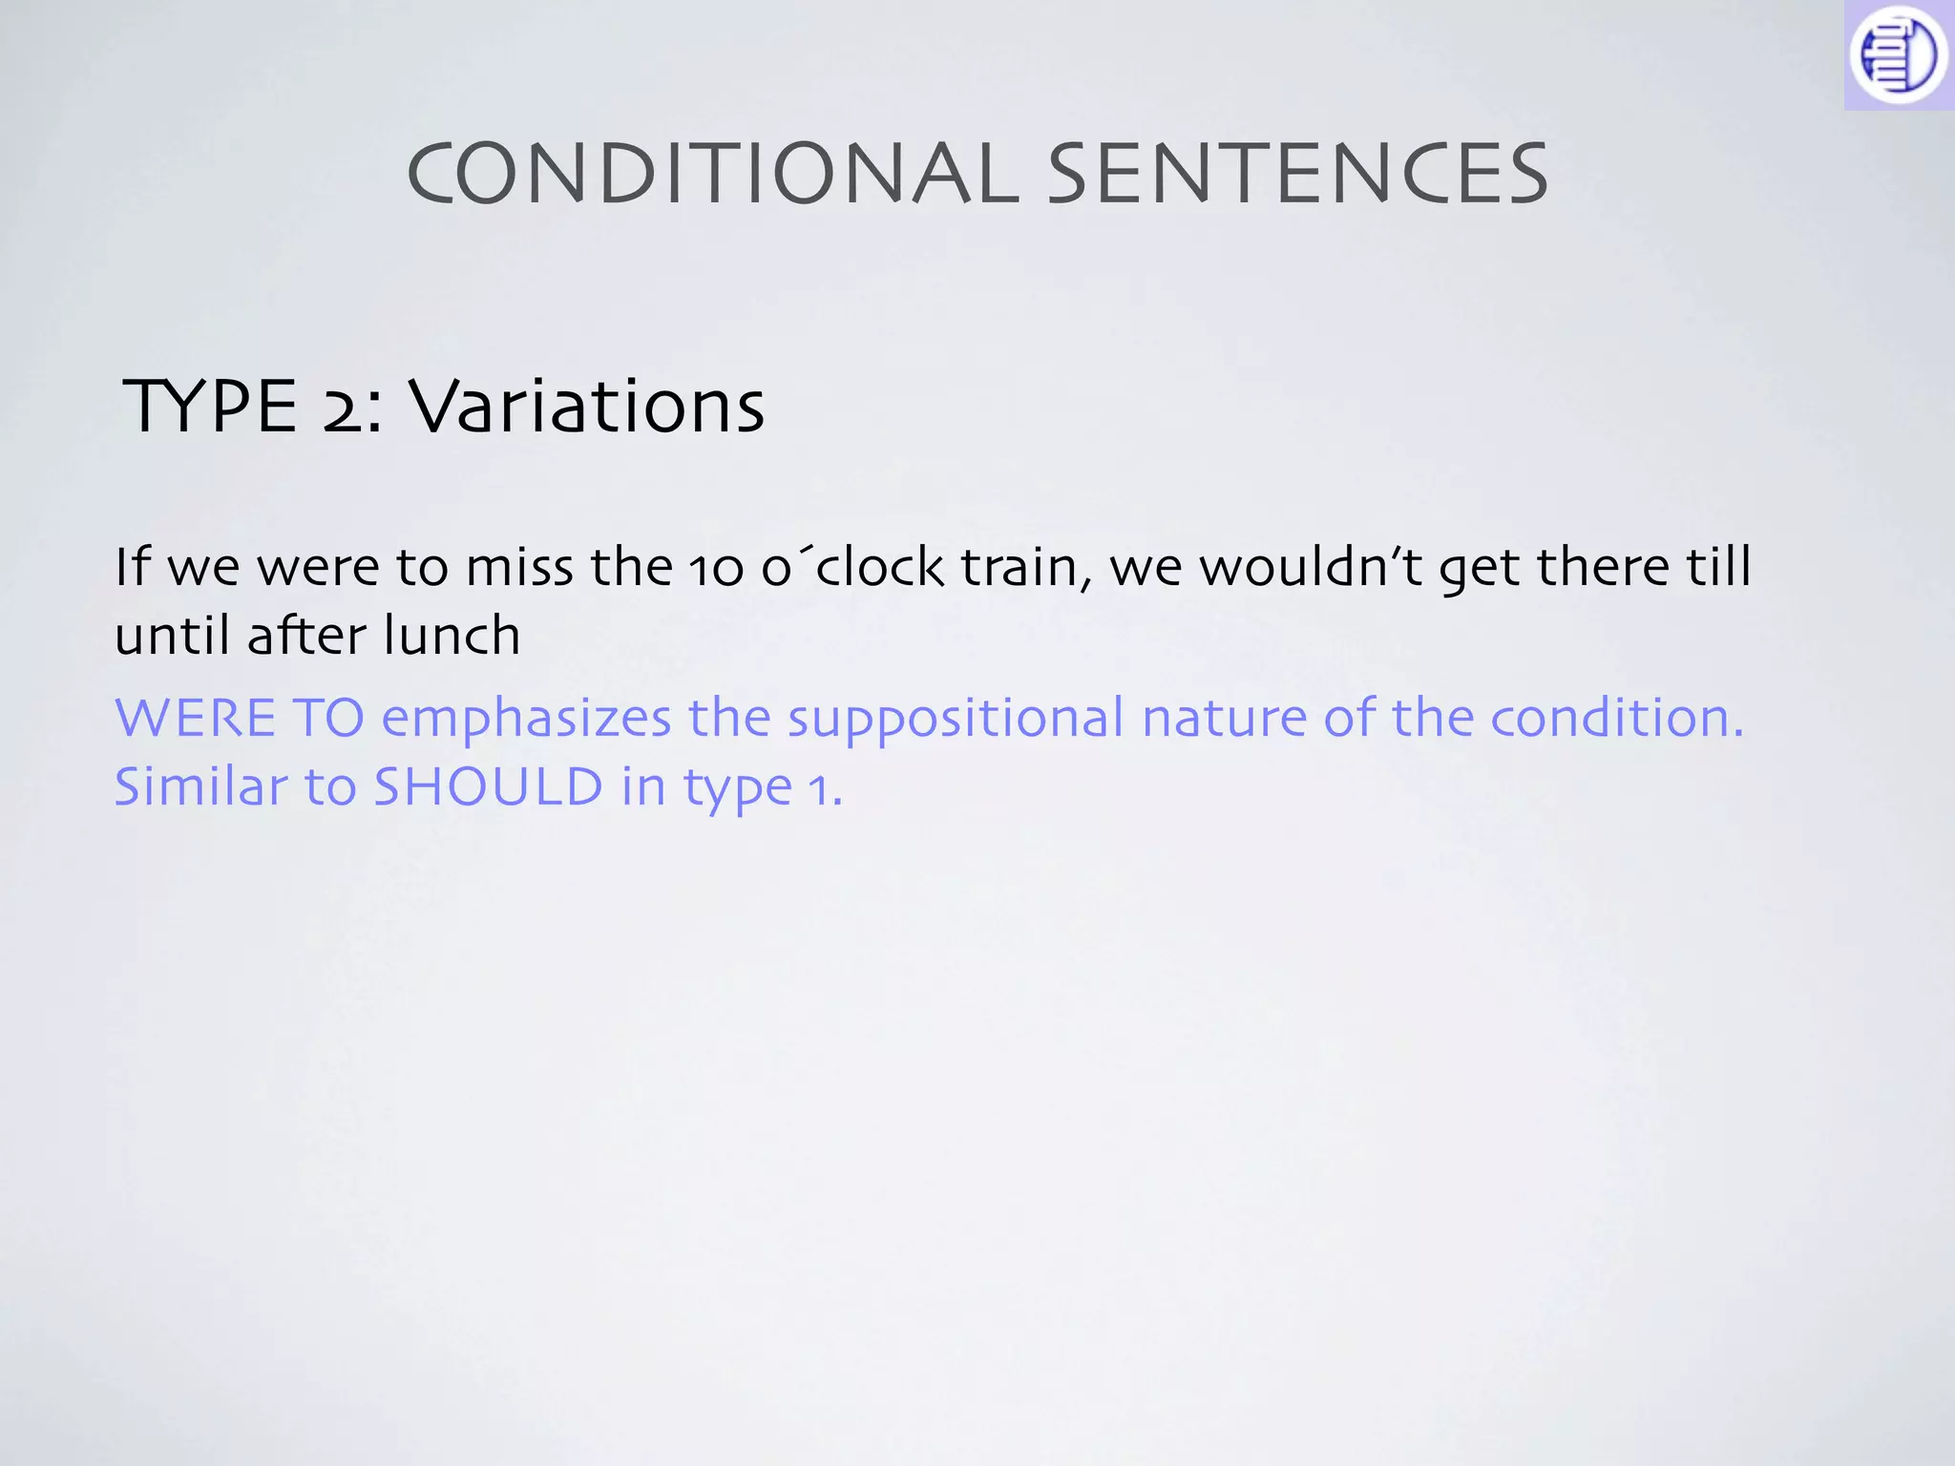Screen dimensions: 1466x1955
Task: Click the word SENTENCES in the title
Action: click(1298, 174)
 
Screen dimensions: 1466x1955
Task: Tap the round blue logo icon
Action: click(1897, 55)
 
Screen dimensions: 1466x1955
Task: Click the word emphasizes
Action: click(526, 720)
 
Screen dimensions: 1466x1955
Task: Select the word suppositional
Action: click(956, 720)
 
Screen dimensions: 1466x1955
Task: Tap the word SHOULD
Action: click(487, 787)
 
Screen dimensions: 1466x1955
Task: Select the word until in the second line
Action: click(172, 637)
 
